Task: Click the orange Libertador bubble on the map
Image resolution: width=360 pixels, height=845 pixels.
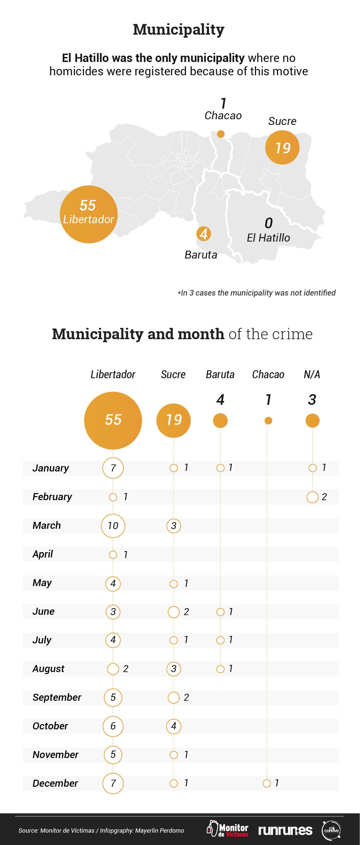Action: [x=89, y=214]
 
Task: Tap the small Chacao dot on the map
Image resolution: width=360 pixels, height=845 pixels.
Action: [x=220, y=134]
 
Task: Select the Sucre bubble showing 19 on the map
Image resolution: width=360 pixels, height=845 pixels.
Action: [x=282, y=147]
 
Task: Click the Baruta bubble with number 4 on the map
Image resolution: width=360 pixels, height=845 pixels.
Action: [x=204, y=234]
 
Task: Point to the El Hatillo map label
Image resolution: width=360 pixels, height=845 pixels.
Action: [x=268, y=238]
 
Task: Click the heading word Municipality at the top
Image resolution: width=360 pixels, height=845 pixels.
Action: [x=179, y=30]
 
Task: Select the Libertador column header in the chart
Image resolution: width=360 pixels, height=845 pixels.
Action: [x=113, y=375]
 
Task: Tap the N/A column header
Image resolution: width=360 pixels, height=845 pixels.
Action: [x=312, y=375]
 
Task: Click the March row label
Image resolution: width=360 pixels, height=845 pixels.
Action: [x=47, y=525]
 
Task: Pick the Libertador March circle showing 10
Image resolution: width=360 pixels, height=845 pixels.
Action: [x=113, y=526]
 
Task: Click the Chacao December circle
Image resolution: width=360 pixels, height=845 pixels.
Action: [x=266, y=783]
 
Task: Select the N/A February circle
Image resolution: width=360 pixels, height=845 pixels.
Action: [x=312, y=497]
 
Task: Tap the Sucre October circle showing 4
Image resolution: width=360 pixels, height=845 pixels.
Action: [x=174, y=726]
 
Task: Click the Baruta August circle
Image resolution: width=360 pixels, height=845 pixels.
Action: [x=220, y=669]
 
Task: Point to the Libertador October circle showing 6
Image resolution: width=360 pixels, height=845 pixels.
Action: [x=113, y=726]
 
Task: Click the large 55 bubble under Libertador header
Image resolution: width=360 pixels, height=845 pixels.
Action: [x=113, y=420]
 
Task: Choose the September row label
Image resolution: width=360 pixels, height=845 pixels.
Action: [x=57, y=697]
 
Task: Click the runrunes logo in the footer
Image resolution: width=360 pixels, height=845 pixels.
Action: [x=285, y=830]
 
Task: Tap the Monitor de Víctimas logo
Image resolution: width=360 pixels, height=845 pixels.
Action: [x=228, y=829]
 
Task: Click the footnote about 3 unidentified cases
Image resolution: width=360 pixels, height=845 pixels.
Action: [x=257, y=293]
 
